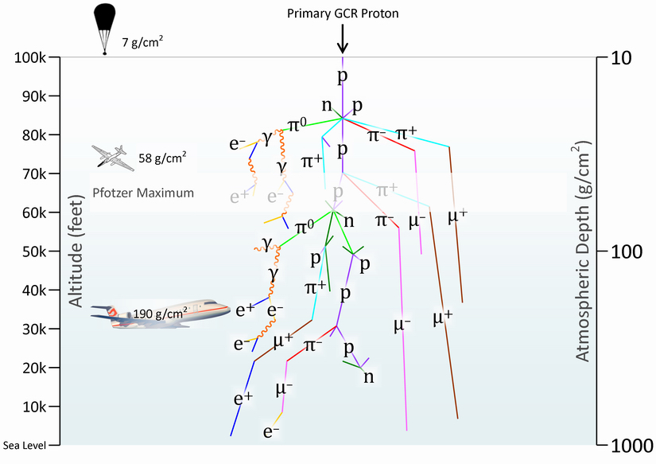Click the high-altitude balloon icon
click(104, 24)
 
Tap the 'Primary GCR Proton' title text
click(343, 14)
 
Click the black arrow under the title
click(343, 38)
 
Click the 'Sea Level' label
click(23, 446)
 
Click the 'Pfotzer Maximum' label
click(143, 193)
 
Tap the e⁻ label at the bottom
click(271, 432)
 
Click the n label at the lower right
click(369, 376)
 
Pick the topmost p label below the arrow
click(343, 77)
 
